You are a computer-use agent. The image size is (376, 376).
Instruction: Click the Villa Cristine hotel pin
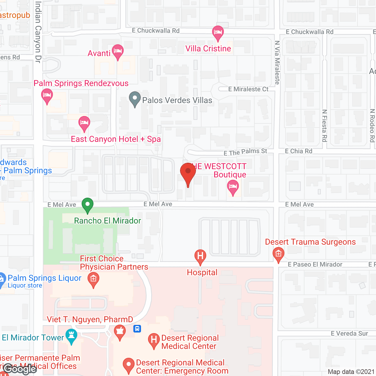[x=218, y=33]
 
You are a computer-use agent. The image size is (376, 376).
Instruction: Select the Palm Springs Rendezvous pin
[x=47, y=96]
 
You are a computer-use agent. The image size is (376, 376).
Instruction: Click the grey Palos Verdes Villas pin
[x=135, y=99]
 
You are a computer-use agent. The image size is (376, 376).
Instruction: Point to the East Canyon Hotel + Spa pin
[x=84, y=123]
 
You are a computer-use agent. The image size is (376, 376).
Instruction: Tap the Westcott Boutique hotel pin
[x=233, y=187]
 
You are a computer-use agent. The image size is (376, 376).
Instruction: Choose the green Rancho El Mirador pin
[x=88, y=205]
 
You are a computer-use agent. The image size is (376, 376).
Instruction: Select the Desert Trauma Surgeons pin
[x=278, y=254]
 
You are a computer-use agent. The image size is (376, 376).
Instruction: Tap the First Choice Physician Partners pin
[x=93, y=279]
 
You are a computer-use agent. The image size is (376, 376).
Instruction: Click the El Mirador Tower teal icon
[x=71, y=336]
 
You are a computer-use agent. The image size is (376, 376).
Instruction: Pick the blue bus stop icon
[x=137, y=329]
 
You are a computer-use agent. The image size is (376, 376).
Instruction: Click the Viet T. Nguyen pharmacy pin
[x=120, y=332]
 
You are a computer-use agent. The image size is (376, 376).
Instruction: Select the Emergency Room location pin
[x=128, y=365]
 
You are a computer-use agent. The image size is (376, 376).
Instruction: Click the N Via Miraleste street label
[x=277, y=63]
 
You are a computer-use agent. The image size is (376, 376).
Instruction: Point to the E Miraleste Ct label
[x=248, y=89]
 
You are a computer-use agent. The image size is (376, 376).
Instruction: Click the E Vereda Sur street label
[x=349, y=333]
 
